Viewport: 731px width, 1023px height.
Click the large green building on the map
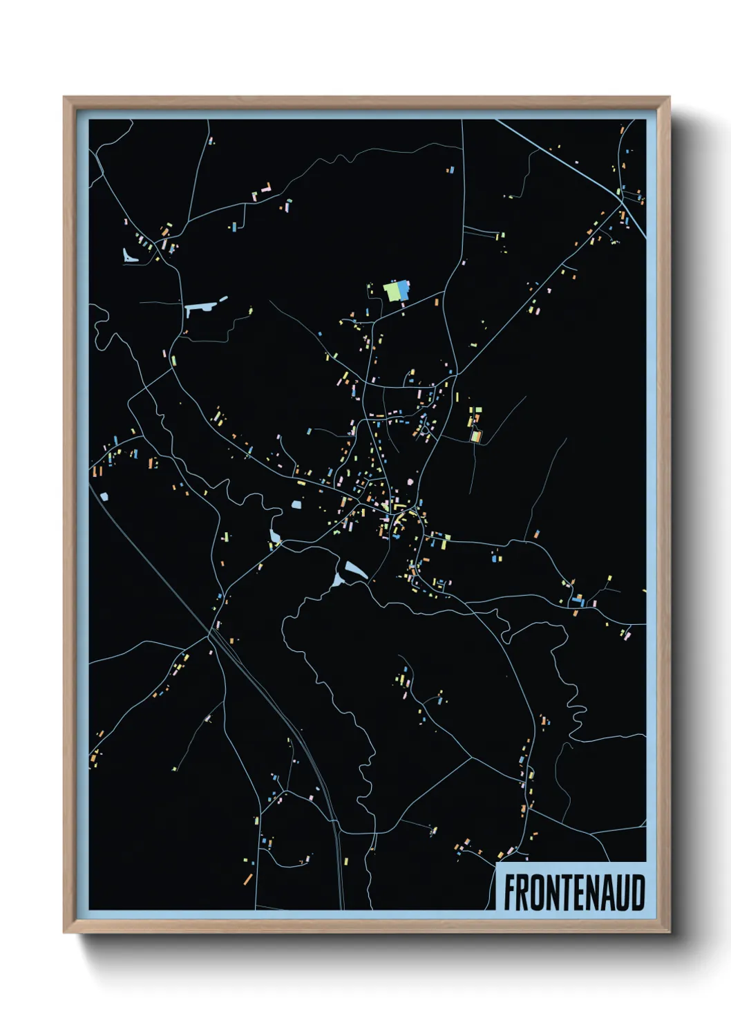[x=391, y=291]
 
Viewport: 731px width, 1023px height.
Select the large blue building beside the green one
[x=403, y=289]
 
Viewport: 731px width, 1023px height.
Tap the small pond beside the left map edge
[x=104, y=496]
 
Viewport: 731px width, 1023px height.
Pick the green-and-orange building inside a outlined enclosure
[x=475, y=436]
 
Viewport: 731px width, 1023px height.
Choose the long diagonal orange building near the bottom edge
[x=248, y=879]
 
